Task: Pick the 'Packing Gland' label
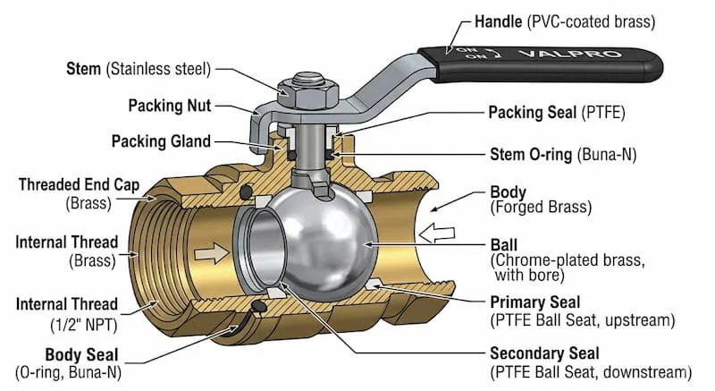pos(160,141)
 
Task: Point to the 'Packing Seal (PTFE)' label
pos(553,113)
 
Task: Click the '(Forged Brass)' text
pos(540,208)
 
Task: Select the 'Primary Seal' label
pos(534,302)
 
